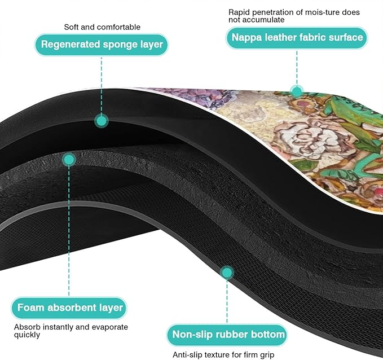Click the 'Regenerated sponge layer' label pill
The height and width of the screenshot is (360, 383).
[x=102, y=45]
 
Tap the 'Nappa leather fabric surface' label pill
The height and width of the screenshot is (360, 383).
[x=297, y=38]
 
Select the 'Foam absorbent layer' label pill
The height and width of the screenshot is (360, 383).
[x=69, y=308]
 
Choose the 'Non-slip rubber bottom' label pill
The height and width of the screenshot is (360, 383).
[x=227, y=335]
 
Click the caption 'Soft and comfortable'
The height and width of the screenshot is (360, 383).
[x=102, y=27]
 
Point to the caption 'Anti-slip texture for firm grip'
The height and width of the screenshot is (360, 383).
[x=223, y=354]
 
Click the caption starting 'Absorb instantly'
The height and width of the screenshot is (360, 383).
[x=71, y=331]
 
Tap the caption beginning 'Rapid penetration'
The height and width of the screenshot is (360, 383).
[x=294, y=16]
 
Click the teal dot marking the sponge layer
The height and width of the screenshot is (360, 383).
[x=102, y=121]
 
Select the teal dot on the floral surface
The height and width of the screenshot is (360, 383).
[x=297, y=91]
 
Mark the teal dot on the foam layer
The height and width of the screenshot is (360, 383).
[x=69, y=160]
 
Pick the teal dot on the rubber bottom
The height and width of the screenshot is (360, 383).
[x=227, y=273]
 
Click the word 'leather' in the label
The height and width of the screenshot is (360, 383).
[x=281, y=37]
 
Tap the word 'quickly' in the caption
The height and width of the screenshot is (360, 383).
[x=27, y=335]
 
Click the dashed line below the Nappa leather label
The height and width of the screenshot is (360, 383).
[x=297, y=68]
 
